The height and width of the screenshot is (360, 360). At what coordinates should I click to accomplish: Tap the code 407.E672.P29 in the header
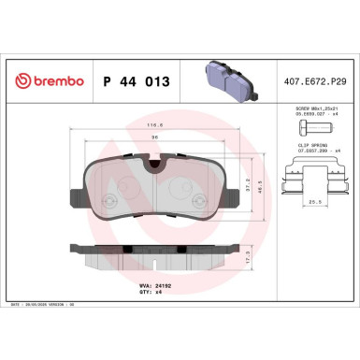pyautogui.click(x=320, y=82)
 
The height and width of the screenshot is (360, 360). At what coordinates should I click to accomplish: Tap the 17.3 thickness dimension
pyautogui.click(x=246, y=252)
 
